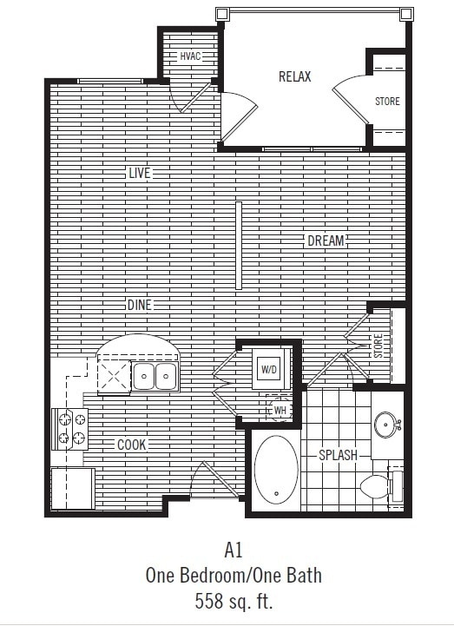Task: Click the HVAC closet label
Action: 190,57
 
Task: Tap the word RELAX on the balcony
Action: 294,76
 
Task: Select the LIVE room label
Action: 139,173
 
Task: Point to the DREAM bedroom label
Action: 326,241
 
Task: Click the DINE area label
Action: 139,305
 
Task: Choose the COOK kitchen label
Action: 132,445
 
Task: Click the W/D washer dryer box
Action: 269,371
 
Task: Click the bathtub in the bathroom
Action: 276,468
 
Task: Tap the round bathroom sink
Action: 387,425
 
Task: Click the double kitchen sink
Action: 155,375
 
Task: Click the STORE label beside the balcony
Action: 387,102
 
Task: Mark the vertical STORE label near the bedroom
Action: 378,346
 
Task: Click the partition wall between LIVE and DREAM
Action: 238,246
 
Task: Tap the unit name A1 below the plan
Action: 233,550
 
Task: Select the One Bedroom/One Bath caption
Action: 233,575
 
